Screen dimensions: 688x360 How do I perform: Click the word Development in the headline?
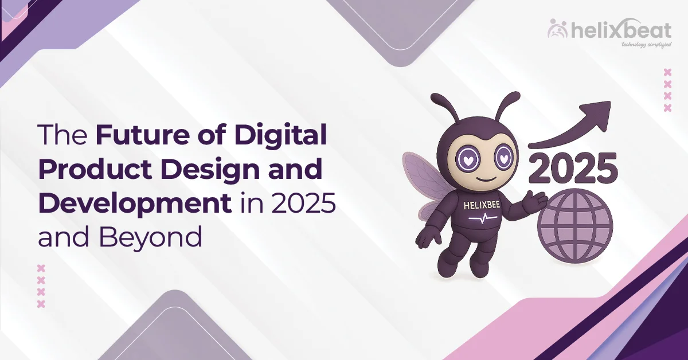coord(135,204)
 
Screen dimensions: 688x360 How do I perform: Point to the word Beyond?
coord(150,237)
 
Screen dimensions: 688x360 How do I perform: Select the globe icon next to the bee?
coord(575,226)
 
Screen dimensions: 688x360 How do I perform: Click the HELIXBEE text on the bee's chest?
coord(481,205)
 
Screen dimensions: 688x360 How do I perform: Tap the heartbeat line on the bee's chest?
coord(483,219)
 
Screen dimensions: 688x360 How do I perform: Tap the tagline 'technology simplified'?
coord(646,45)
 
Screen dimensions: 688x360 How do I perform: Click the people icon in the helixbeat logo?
coord(558,29)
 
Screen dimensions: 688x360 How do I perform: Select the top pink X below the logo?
coord(667,72)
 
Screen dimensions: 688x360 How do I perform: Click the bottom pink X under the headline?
coord(41,304)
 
